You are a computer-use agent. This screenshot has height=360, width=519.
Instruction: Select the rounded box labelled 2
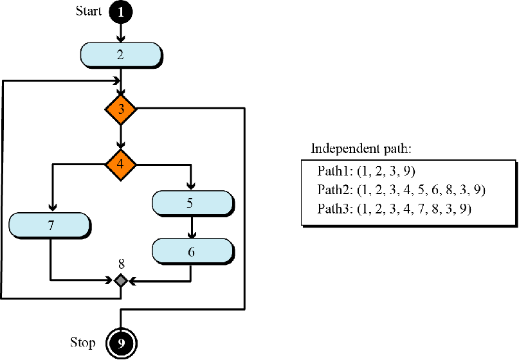pyautogui.click(x=120, y=54)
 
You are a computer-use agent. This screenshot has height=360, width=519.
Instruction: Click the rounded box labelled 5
pyautogui.click(x=191, y=203)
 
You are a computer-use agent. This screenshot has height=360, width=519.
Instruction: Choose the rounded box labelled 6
pyautogui.click(x=191, y=251)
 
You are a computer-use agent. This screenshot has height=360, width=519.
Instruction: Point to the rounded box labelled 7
pyautogui.click(x=50, y=226)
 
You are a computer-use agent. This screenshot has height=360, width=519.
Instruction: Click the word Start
pyautogui.click(x=89, y=11)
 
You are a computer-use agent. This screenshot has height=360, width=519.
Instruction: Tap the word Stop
pyautogui.click(x=83, y=342)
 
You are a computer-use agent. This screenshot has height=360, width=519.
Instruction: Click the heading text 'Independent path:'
pyautogui.click(x=361, y=148)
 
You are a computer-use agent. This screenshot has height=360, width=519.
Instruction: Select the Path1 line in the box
pyautogui.click(x=367, y=172)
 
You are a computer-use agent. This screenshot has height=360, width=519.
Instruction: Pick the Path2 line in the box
pyautogui.click(x=401, y=190)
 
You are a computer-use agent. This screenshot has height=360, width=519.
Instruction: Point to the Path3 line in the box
pyautogui.click(x=394, y=209)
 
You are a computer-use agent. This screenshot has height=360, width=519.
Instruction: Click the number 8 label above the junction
pyautogui.click(x=121, y=263)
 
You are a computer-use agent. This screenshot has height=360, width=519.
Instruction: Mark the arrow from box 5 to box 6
pyautogui.click(x=191, y=227)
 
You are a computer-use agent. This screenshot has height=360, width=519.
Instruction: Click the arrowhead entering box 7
pyautogui.click(x=51, y=208)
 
